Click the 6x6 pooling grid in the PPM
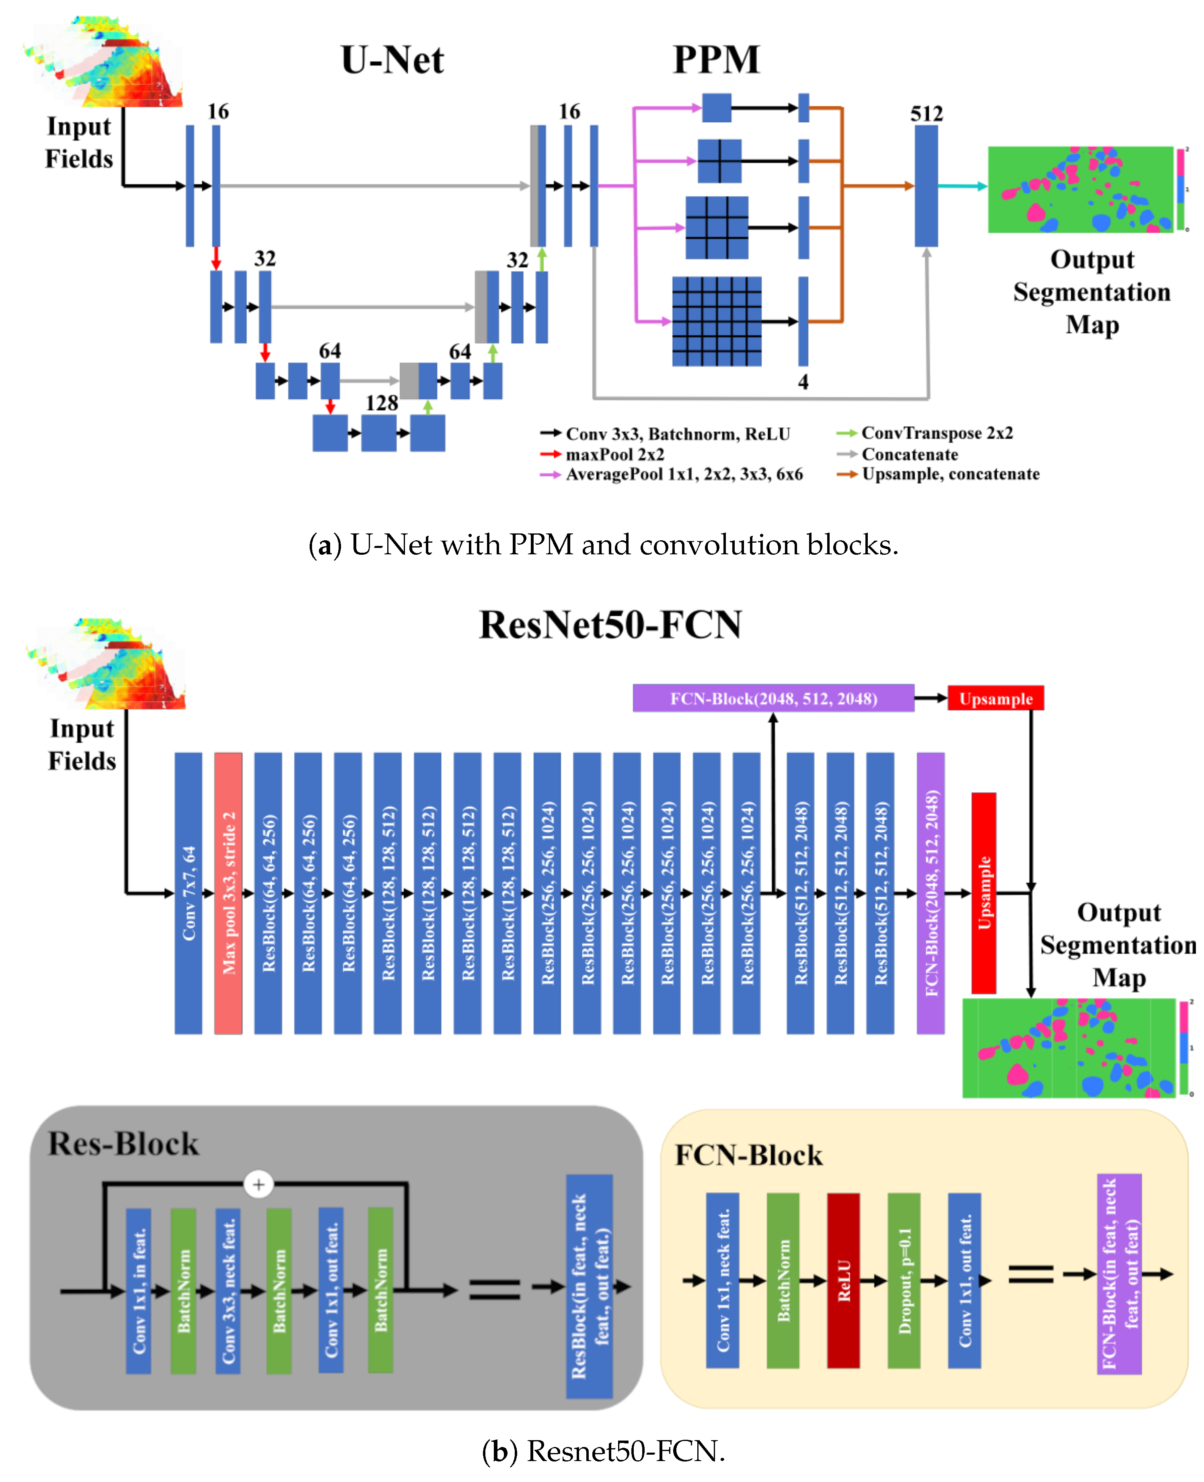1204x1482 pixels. click(x=717, y=321)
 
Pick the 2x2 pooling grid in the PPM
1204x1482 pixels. click(x=719, y=161)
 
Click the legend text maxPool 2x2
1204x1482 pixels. click(x=614, y=455)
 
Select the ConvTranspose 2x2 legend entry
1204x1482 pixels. click(x=936, y=433)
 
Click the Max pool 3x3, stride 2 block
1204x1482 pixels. click(x=228, y=893)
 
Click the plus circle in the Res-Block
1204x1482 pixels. click(x=259, y=1184)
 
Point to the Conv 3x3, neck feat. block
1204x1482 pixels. click(x=228, y=1291)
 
